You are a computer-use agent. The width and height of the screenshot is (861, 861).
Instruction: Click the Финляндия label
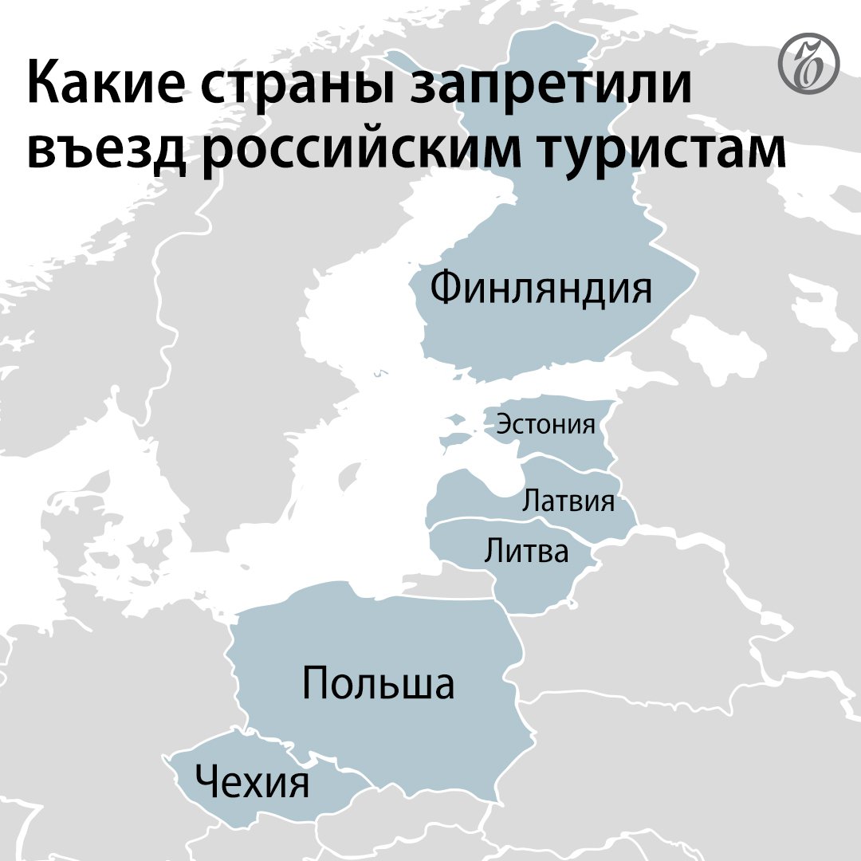(x=541, y=288)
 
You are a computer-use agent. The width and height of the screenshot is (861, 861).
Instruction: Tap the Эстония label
(x=545, y=424)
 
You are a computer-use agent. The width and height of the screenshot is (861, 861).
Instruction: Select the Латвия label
(x=568, y=501)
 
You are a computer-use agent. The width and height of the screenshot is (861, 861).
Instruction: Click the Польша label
(x=378, y=684)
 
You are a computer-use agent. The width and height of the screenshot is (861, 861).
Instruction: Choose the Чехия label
(x=252, y=782)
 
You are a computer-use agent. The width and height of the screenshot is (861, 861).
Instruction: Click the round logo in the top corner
(x=807, y=63)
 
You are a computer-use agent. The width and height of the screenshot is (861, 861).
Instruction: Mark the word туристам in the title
(x=670, y=149)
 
